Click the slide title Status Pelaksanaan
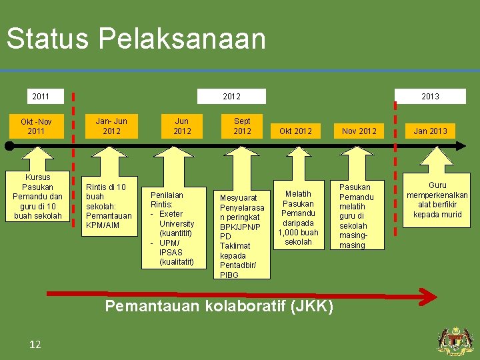tap(136, 39)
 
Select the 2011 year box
tap(41, 97)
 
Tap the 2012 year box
tap(231, 97)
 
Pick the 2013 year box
tap(430, 97)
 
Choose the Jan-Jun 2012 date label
tap(111, 126)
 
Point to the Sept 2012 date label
tap(242, 126)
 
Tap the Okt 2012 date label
tap(295, 131)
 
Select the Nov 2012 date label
tap(359, 131)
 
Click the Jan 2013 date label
tap(430, 131)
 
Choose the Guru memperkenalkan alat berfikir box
tap(437, 199)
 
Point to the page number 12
tap(35, 344)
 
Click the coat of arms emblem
tap(455, 341)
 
